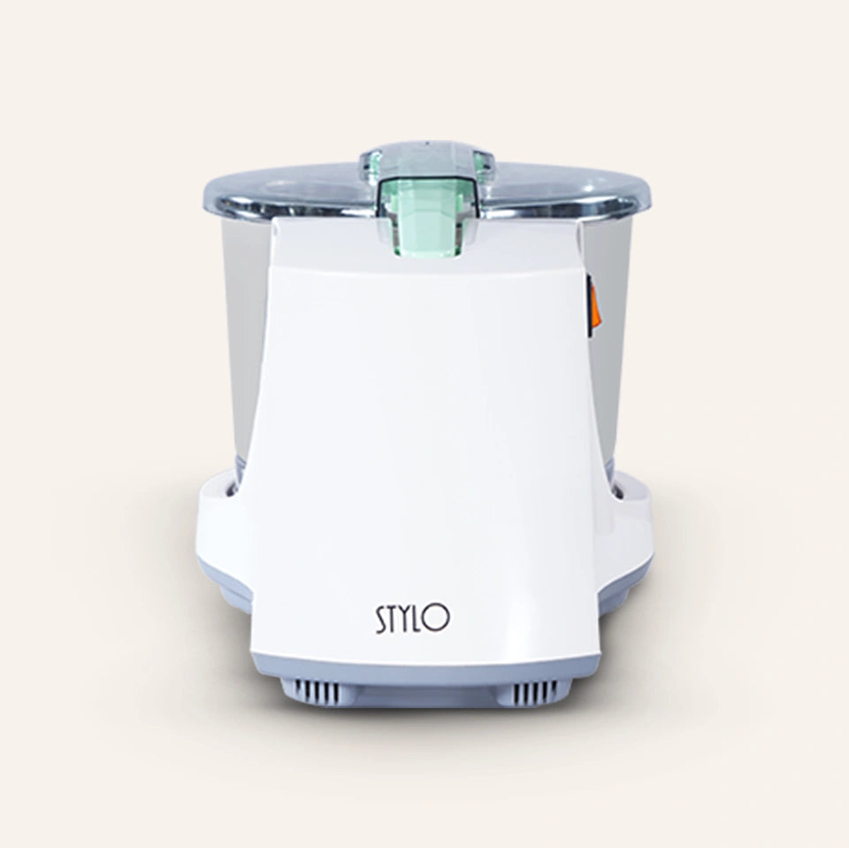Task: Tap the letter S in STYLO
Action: click(381, 621)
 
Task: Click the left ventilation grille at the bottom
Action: click(322, 690)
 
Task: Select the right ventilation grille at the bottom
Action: click(532, 690)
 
